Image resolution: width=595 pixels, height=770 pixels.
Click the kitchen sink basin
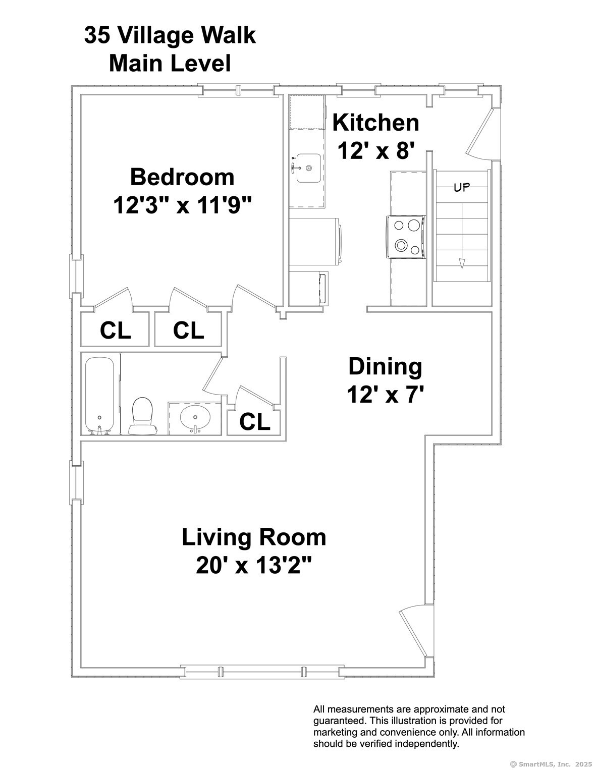(308, 168)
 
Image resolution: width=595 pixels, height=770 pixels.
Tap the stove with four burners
(406, 237)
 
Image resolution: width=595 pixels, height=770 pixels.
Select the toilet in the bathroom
(142, 416)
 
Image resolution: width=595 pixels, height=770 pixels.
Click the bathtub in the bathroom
(99, 396)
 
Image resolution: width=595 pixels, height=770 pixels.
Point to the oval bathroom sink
(195, 418)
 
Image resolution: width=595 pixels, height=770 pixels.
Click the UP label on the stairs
(462, 187)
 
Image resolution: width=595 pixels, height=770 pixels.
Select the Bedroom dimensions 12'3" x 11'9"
(183, 205)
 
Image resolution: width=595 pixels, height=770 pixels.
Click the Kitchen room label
(375, 123)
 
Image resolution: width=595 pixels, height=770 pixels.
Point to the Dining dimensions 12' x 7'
(386, 395)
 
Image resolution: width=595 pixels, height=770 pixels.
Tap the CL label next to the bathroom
(255, 422)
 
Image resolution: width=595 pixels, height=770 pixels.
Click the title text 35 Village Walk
(170, 36)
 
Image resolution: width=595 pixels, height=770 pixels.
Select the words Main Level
(170, 64)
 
